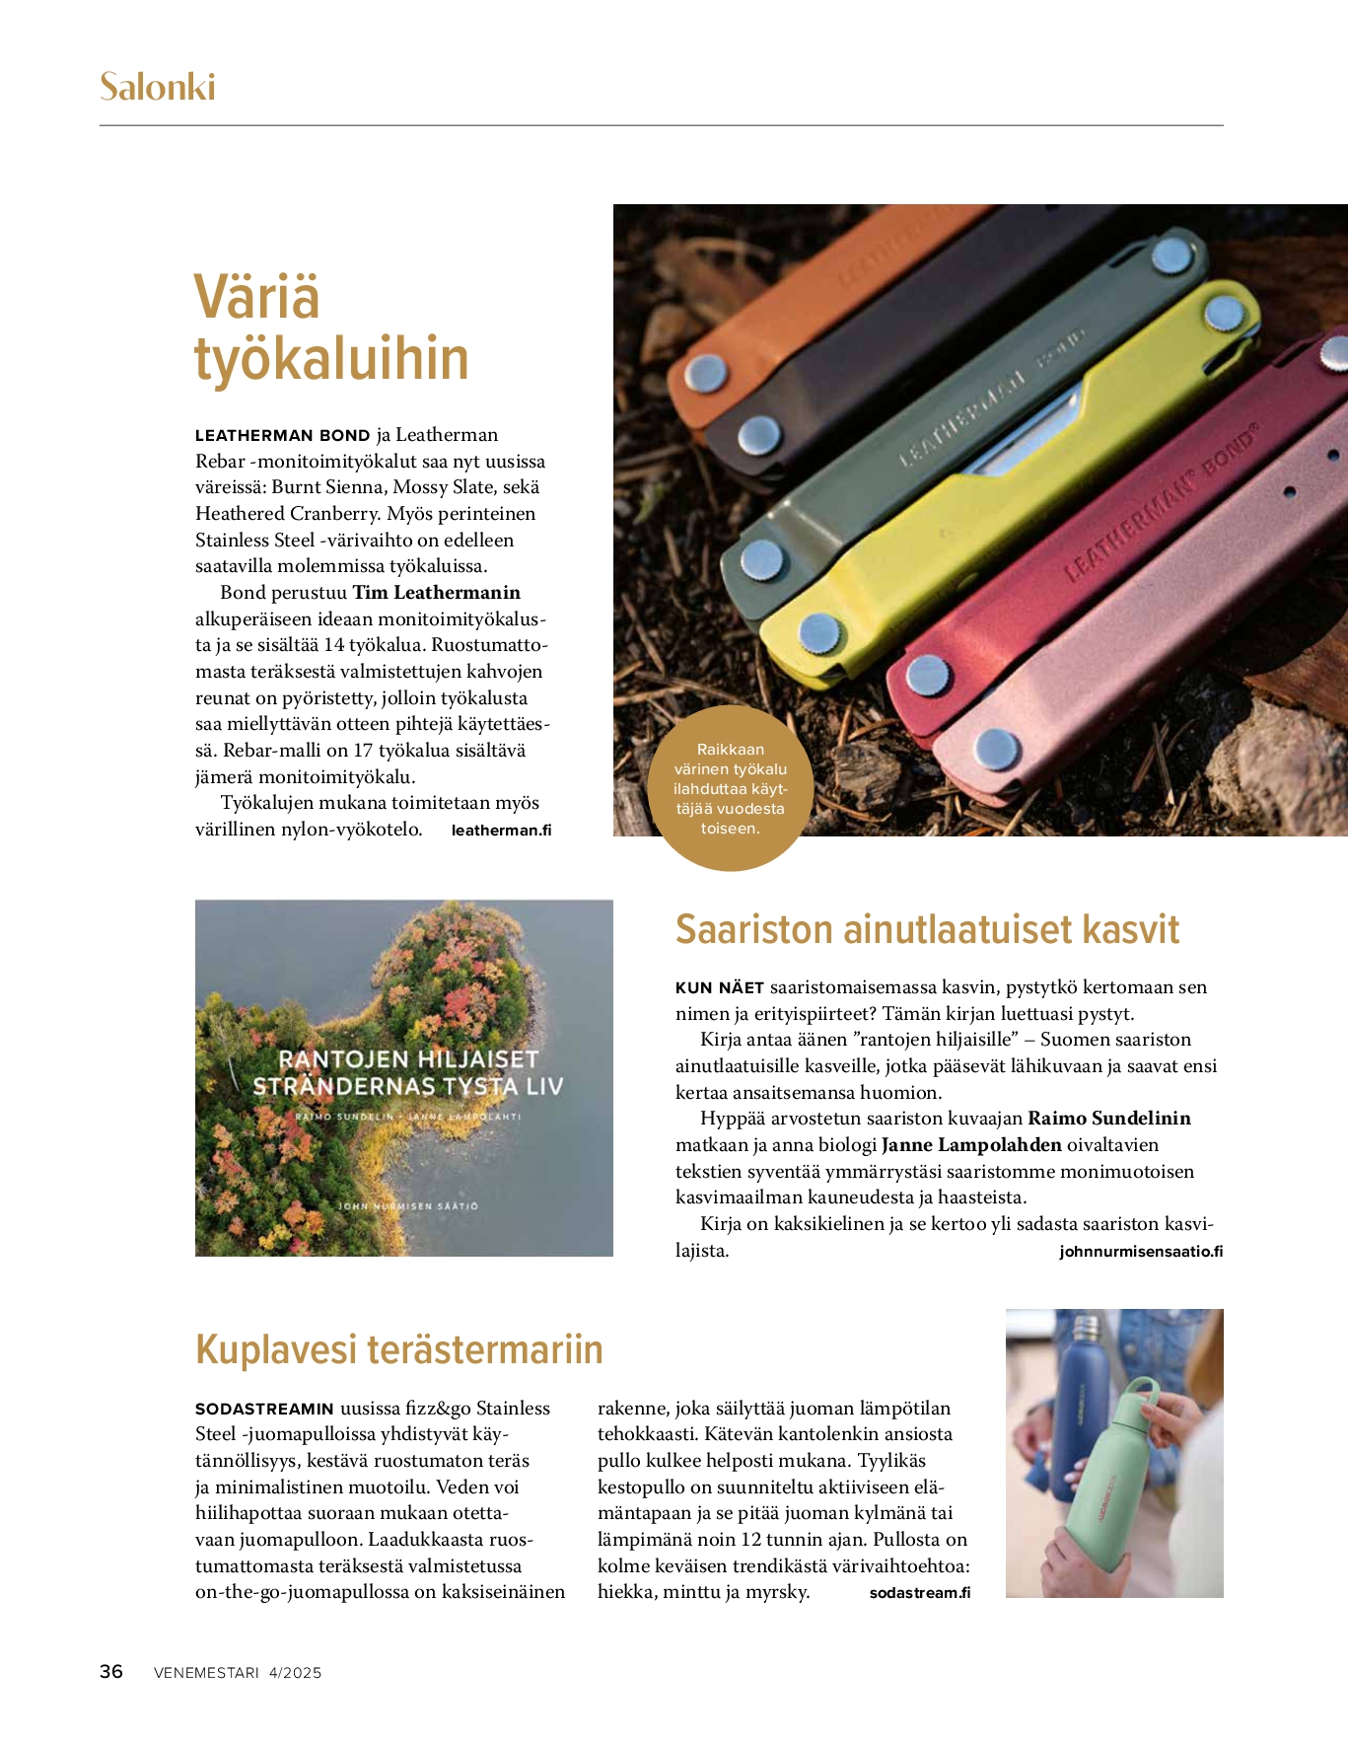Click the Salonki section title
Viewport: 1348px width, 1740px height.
pos(157,87)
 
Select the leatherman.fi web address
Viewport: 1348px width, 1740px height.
pos(501,831)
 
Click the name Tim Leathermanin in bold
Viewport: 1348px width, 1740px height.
pos(436,593)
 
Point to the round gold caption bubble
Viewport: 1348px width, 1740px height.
pos(730,789)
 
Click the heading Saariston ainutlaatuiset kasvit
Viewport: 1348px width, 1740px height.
pos(927,930)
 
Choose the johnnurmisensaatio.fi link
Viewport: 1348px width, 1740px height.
pos(1141,1252)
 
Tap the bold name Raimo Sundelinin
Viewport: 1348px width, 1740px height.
pos(1109,1119)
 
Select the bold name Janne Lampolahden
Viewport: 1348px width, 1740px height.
pos(971,1145)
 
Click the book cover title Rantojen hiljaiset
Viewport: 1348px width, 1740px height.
pos(408,1059)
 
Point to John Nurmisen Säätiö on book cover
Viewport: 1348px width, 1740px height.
pos(408,1206)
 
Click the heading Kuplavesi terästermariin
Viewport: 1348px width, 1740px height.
pos(399,1349)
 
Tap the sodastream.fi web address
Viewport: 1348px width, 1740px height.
pos(920,1593)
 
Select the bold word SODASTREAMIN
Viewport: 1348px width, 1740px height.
pos(264,1409)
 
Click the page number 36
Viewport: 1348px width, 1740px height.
pos(111,1672)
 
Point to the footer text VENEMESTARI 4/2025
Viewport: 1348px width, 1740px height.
pos(238,1673)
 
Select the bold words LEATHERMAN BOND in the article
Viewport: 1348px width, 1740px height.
pos(282,436)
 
